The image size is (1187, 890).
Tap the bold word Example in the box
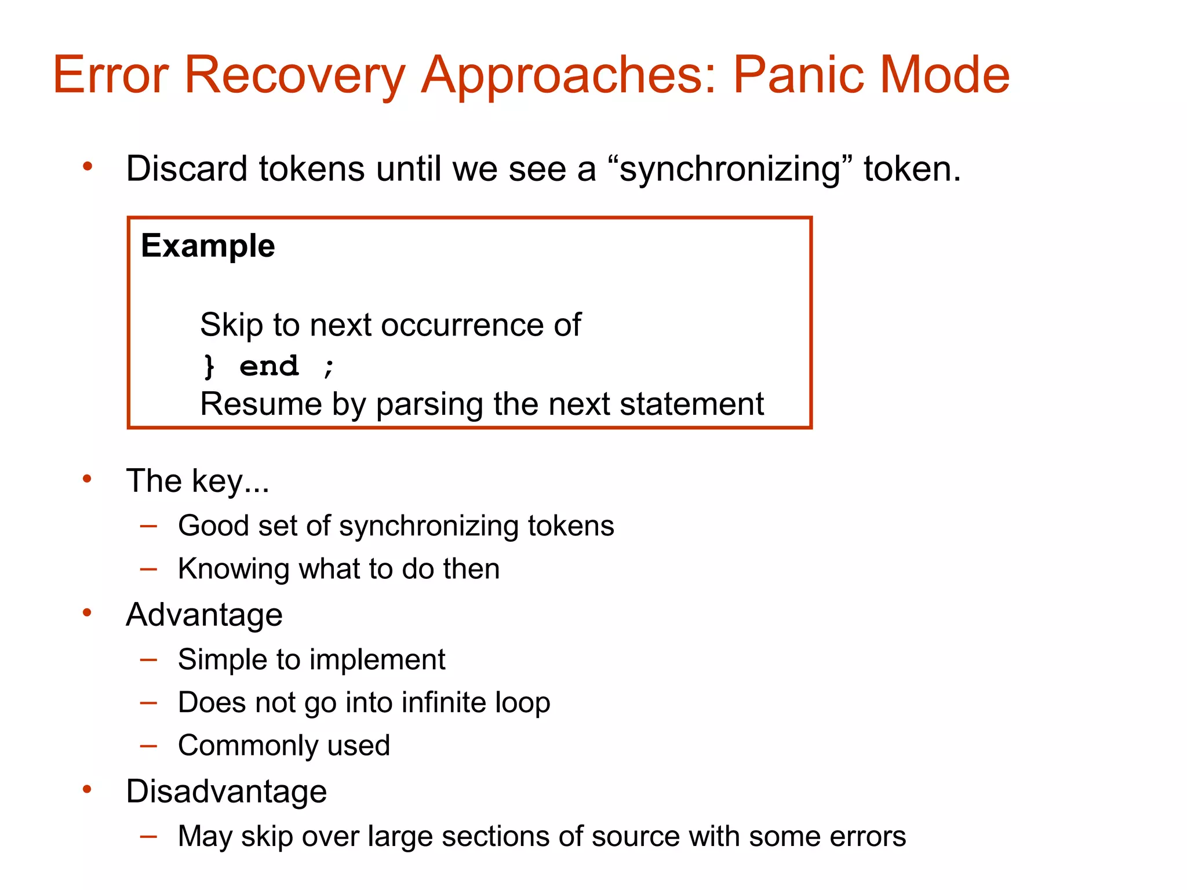[207, 246]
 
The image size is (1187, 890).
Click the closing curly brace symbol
[209, 366]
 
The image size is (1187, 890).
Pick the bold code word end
[269, 366]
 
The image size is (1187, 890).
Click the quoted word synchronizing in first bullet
[730, 169]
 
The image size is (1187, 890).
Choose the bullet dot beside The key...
[88, 479]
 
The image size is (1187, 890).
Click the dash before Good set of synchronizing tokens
[149, 526]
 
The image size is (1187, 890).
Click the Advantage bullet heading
[204, 615]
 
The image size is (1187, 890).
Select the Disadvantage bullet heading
[226, 791]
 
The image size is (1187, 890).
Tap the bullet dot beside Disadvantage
[88, 789]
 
